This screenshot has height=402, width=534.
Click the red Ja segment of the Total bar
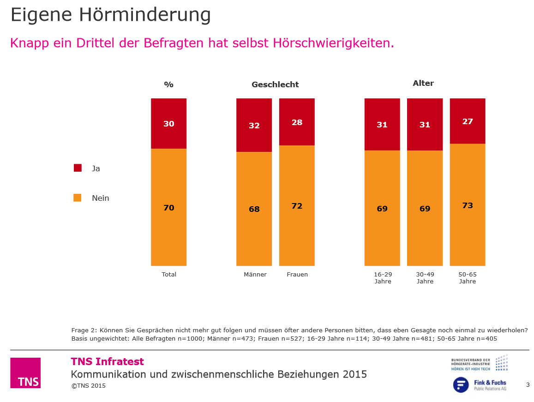tap(168, 123)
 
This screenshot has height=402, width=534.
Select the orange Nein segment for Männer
tap(254, 209)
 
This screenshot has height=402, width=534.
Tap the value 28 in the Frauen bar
tap(297, 122)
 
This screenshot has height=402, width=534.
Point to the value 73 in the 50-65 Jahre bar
tap(468, 205)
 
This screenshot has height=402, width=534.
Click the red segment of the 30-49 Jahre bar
tap(425, 124)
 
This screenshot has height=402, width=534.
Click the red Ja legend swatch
tap(78, 168)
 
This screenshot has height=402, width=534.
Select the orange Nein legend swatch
tap(78, 198)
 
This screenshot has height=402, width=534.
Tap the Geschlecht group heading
tap(275, 84)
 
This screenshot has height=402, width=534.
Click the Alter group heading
tap(423, 84)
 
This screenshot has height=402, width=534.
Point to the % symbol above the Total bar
tap(168, 84)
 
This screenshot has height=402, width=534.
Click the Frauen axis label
tap(297, 275)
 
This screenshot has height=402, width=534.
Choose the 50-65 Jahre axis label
tap(468, 278)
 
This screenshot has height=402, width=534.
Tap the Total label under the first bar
tap(169, 275)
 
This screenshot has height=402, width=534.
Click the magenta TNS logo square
tap(25, 372)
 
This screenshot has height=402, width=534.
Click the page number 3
tap(528, 385)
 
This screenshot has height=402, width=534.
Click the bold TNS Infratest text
tap(107, 362)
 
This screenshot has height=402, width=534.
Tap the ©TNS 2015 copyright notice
tap(88, 386)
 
